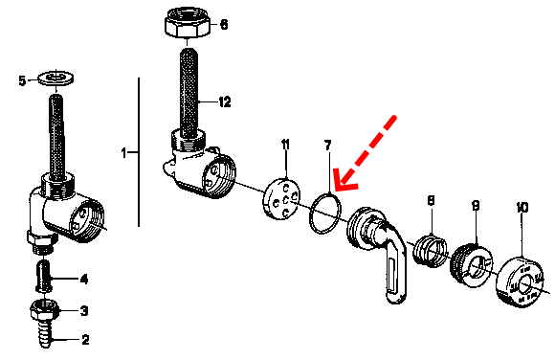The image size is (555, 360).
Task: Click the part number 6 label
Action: pyautogui.click(x=224, y=25)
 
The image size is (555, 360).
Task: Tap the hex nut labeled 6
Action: pyautogui.click(x=187, y=23)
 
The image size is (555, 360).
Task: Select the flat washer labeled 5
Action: pyautogui.click(x=55, y=78)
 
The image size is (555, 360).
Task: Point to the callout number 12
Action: pyautogui.click(x=225, y=102)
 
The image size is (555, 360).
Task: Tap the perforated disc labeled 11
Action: pyautogui.click(x=281, y=199)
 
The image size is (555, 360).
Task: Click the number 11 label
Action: pyautogui.click(x=285, y=145)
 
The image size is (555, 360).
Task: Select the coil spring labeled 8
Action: pyautogui.click(x=430, y=251)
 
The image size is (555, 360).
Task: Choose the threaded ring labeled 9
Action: pyautogui.click(x=471, y=265)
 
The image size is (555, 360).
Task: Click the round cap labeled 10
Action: pyautogui.click(x=520, y=281)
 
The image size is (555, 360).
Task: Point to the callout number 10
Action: pyautogui.click(x=522, y=207)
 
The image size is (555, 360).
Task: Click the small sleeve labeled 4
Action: pyautogui.click(x=44, y=276)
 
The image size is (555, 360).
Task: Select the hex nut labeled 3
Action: pyautogui.click(x=45, y=310)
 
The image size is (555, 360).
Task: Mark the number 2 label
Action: pyautogui.click(x=85, y=340)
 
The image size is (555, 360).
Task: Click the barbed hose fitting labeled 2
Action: pyautogui.click(x=45, y=334)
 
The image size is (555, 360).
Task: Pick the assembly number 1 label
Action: pyautogui.click(x=123, y=153)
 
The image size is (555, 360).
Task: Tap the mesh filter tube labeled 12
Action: pyautogui.click(x=189, y=93)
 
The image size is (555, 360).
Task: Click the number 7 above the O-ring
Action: pyautogui.click(x=328, y=146)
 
